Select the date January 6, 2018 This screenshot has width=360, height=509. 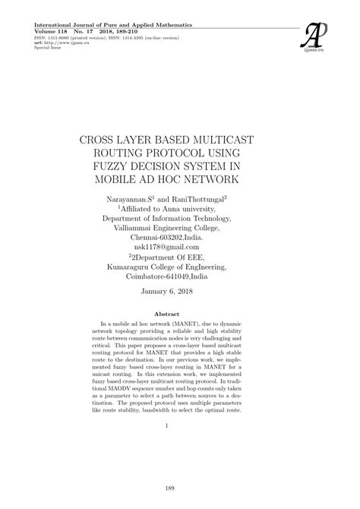[x=180, y=292]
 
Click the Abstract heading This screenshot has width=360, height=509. [x=179, y=313]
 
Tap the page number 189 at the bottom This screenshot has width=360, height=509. [x=180, y=488]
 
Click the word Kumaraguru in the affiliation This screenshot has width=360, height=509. [x=137, y=267]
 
